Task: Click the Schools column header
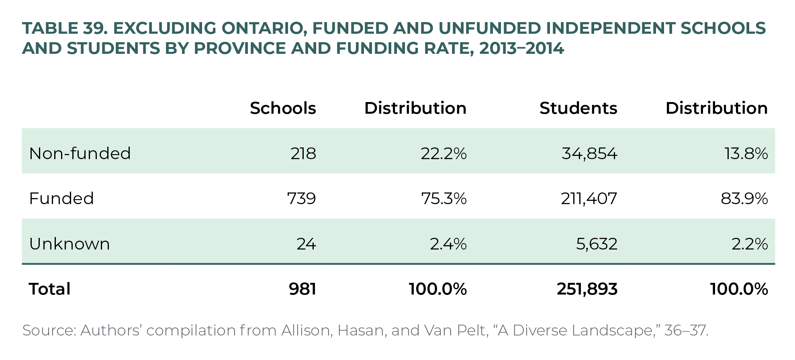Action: point(283,108)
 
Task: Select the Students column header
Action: point(578,108)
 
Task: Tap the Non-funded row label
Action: point(80,153)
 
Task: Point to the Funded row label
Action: point(61,198)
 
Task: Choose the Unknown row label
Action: point(69,244)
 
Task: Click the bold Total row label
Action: point(50,289)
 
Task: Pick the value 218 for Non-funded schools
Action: point(303,153)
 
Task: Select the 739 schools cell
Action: point(301,198)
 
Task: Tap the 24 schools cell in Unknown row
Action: point(306,244)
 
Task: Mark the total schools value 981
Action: point(302,289)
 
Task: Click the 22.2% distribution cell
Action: point(443,153)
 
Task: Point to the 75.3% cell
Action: point(444,198)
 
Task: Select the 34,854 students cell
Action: point(589,153)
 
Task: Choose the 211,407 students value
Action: point(589,198)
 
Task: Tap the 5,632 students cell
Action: point(597,244)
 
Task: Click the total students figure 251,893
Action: point(587,289)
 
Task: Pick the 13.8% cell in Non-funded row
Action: point(746,153)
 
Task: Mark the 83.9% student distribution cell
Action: point(744,198)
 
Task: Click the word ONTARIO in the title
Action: point(262,28)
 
